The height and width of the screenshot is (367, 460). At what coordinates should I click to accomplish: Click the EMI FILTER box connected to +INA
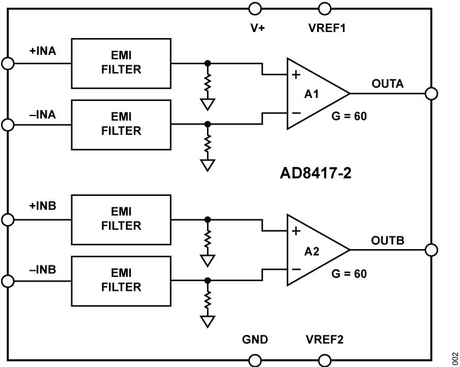(x=121, y=63)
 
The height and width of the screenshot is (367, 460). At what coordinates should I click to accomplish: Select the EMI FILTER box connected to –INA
(x=121, y=124)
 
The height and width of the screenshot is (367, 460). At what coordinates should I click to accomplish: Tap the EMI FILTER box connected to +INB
(x=121, y=219)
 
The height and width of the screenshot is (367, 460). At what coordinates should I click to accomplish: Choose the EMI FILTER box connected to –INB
(x=121, y=280)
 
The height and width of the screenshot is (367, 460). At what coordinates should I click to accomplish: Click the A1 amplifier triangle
(x=312, y=94)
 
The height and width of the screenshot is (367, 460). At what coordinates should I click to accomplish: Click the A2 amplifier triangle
(x=312, y=250)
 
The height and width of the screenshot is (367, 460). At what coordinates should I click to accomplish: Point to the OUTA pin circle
(x=432, y=94)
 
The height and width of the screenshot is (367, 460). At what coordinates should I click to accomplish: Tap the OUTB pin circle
(x=432, y=250)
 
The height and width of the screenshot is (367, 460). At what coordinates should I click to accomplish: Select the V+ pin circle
(x=255, y=8)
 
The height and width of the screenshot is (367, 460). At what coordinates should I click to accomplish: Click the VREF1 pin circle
(x=325, y=8)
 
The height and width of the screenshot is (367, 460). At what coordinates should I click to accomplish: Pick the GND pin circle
(x=255, y=360)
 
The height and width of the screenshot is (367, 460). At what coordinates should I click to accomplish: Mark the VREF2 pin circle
(x=325, y=360)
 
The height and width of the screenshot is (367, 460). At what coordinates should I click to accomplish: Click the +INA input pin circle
(x=8, y=63)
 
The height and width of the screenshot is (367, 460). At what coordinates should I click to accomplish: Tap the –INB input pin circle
(x=8, y=281)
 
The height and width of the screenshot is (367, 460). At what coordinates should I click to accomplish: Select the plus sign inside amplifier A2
(x=296, y=231)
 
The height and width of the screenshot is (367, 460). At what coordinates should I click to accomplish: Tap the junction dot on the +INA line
(x=208, y=63)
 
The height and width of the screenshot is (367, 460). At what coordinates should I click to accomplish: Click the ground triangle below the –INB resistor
(x=208, y=320)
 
